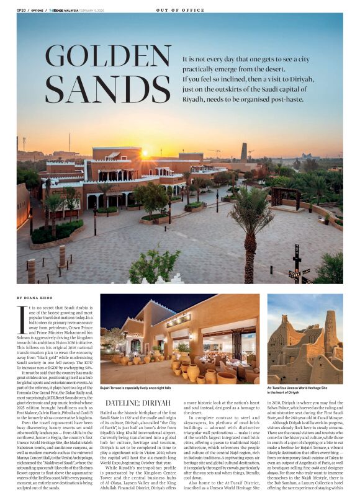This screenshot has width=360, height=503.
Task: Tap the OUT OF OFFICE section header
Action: tap(180, 10)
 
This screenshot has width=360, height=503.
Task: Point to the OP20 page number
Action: tap(20, 10)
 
